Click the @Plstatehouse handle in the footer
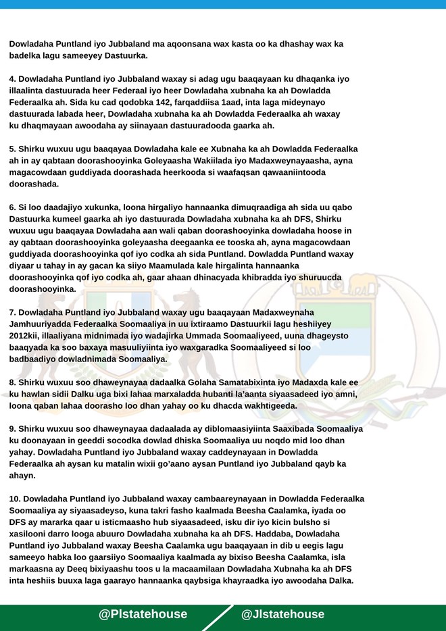click(x=143, y=614)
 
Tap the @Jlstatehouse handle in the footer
click(x=282, y=614)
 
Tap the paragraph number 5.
click(x=12, y=149)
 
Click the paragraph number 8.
click(x=12, y=382)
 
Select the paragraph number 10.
click(x=15, y=499)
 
